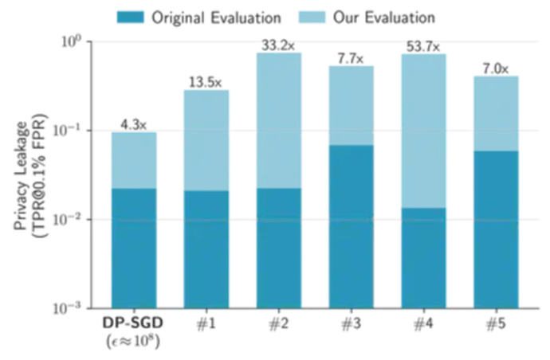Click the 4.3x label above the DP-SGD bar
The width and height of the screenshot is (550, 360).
[133, 124]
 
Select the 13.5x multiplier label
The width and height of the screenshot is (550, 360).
[206, 82]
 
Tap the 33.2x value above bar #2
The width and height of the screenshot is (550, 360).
[279, 45]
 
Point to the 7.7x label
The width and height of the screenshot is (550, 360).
[351, 58]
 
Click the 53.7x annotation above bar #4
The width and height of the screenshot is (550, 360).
[424, 46]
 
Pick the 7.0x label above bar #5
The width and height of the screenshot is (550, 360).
[496, 68]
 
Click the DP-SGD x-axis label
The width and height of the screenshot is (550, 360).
[133, 325]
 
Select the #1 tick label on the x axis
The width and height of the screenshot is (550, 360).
[206, 325]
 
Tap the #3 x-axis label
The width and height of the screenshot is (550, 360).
[351, 325]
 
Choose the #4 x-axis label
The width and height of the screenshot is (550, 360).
[423, 325]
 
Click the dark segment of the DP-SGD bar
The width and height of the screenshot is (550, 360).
[133, 248]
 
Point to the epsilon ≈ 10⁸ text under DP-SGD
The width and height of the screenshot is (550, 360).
[133, 342]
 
